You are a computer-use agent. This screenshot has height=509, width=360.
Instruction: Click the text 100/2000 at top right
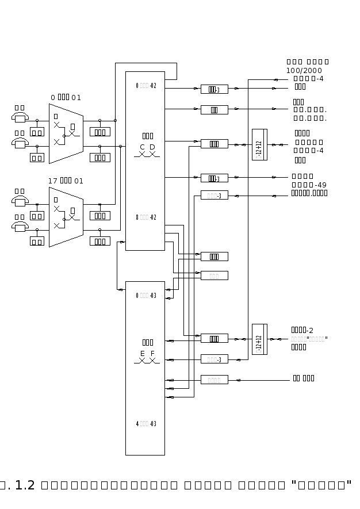coord(304,70)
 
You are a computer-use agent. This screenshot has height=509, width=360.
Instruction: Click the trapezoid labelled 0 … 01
coord(66,134)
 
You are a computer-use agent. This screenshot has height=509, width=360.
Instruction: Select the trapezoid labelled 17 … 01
coord(66,217)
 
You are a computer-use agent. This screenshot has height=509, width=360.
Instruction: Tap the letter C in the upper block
coord(143,147)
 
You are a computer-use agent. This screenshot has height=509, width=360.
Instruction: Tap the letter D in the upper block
coord(152,147)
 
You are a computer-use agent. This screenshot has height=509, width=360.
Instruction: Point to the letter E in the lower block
coord(143,354)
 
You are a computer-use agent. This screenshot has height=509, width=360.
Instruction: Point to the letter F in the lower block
coord(152,354)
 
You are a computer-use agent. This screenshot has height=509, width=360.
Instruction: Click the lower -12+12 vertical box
coord(259,339)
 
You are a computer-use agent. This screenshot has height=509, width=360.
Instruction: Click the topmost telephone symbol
coord(20,117)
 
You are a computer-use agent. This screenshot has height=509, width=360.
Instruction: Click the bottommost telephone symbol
coord(20,227)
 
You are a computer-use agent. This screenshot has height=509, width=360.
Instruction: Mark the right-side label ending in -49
coord(309,185)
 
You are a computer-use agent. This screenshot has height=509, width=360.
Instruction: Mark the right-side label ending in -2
coord(302,330)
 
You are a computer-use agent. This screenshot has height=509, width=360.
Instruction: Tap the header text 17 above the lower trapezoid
coord(53,181)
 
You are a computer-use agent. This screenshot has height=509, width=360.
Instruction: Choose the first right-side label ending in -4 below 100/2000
coord(309,79)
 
